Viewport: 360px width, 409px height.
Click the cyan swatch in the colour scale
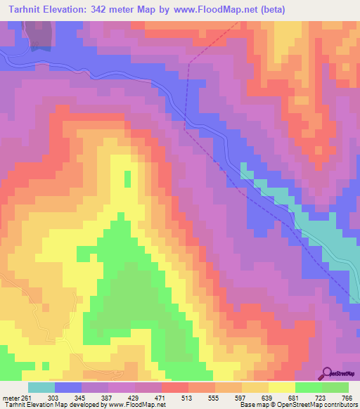click(x=41, y=387)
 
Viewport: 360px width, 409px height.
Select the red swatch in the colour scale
click(x=175, y=387)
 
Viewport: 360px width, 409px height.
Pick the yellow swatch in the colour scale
click(x=282, y=387)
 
